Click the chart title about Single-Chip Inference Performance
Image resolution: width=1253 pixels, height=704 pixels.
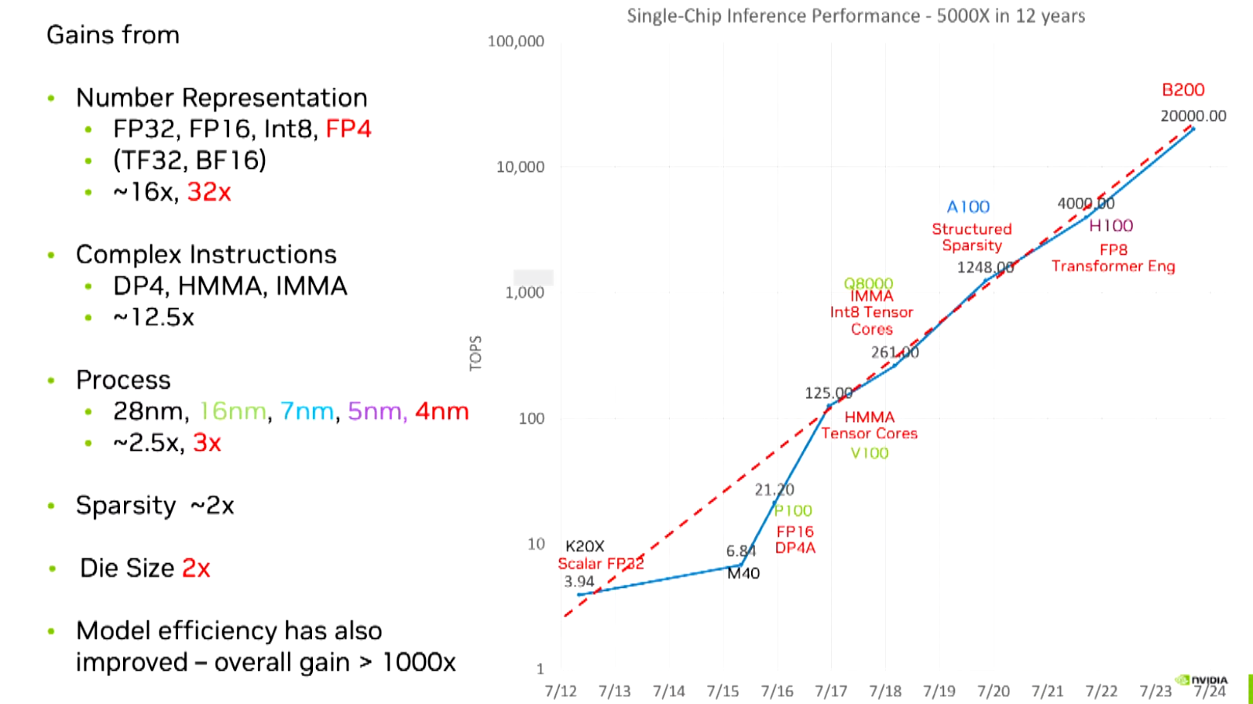point(856,16)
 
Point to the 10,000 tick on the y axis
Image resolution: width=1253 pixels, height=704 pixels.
point(520,167)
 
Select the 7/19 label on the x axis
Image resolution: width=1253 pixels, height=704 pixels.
point(939,691)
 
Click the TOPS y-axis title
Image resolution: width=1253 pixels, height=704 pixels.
point(475,353)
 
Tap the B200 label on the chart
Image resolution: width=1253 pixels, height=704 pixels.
point(1183,90)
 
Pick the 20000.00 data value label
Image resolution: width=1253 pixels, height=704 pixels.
point(1193,116)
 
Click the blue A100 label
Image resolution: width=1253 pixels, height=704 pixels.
point(968,207)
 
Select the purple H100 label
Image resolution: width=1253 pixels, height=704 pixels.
point(1111,225)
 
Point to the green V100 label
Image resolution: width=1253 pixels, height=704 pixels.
point(869,453)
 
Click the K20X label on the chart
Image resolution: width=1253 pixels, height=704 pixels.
point(585,546)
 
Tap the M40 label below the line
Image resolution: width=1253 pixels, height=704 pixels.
point(743,573)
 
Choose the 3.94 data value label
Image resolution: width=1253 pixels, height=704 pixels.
point(579,582)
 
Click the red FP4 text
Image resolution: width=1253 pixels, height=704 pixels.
point(348,129)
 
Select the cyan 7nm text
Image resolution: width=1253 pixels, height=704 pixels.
point(307,410)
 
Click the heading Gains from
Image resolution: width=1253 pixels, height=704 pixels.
point(113,35)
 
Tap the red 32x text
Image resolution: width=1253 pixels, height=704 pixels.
point(209,192)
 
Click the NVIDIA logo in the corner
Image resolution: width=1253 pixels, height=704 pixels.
point(1202,680)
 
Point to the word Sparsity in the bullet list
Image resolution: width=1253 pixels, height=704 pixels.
point(125,505)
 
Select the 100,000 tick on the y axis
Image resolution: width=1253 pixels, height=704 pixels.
point(515,41)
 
